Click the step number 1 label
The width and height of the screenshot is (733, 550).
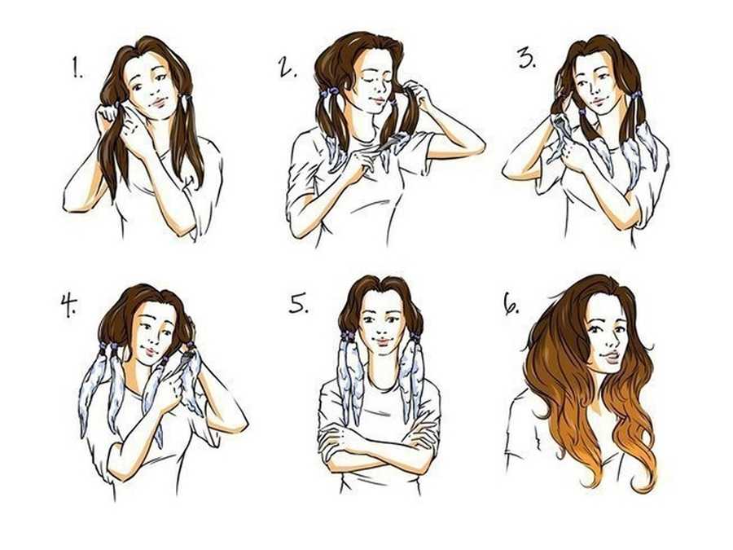[x=77, y=67]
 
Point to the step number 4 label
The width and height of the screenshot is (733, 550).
[x=68, y=306]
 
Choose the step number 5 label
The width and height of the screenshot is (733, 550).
[x=299, y=304]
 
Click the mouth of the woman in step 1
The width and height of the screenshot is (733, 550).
[x=157, y=103]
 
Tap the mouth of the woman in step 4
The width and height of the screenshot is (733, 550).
[x=151, y=351]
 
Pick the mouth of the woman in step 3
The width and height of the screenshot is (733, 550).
[x=596, y=102]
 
